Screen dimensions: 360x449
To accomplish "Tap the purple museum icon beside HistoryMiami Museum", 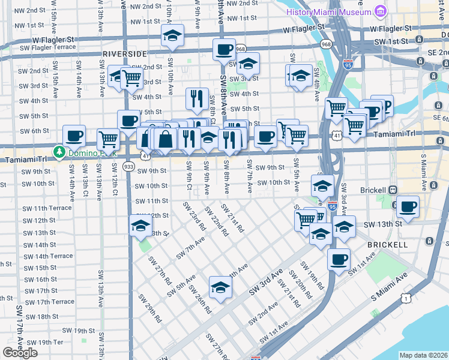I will (x=379, y=11).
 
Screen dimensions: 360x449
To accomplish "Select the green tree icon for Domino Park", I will (x=59, y=152).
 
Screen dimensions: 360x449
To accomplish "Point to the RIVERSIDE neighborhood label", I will (x=124, y=54).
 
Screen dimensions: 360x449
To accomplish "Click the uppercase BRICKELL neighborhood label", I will (x=389, y=245).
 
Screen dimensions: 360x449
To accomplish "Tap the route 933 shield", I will (x=128, y=166).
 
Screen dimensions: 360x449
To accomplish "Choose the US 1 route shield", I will (x=406, y=298).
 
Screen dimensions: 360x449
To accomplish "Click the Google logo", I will (x=20, y=353).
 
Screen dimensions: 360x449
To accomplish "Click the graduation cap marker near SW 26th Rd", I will (x=220, y=287).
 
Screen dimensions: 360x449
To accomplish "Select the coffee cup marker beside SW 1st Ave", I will (x=339, y=260).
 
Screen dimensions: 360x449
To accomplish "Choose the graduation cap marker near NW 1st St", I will (x=172, y=36).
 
